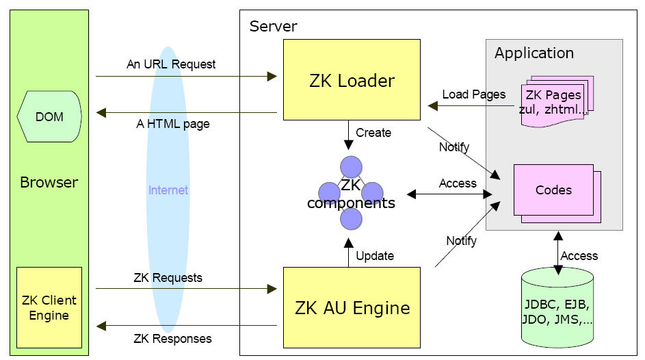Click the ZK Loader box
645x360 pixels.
pos(352,81)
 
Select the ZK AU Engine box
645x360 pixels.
pos(352,308)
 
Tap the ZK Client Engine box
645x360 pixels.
pos(49,307)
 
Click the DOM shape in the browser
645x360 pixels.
pos(49,117)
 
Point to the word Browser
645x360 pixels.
pos(49,183)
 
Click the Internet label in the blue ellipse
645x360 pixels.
pos(168,190)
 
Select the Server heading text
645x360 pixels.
pos(273,27)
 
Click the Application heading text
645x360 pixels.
pos(534,53)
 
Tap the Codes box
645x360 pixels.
pos(554,190)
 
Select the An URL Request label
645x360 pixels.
pos(171,64)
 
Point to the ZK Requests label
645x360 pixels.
pos(168,278)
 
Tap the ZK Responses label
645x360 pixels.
pos(172,338)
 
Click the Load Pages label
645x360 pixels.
pos(474,94)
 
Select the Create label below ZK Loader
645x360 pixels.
pos(373,133)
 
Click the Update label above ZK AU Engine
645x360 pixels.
pos(375,256)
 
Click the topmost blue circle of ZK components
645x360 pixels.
pos(351,166)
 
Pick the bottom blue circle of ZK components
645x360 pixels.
pos(351,218)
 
